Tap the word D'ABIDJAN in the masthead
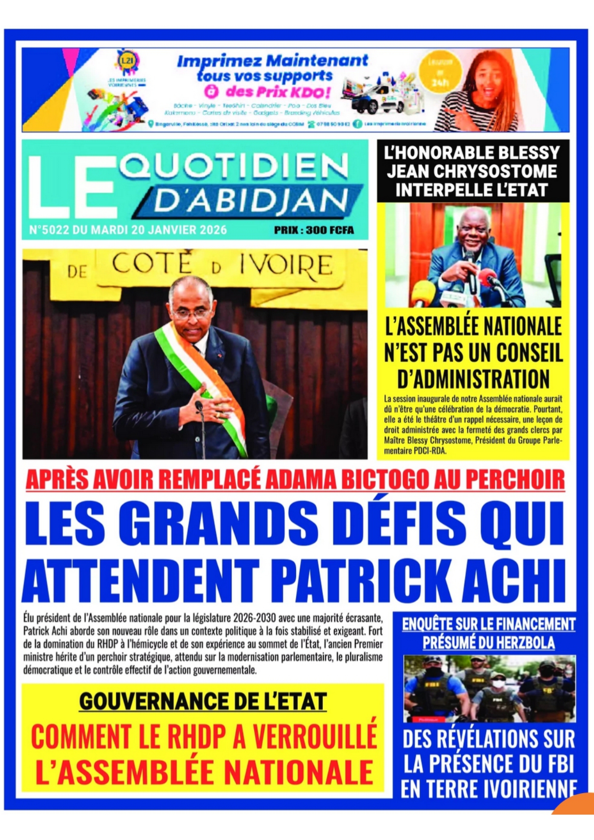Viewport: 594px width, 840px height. pyautogui.click(x=251, y=201)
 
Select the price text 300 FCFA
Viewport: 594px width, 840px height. pyautogui.click(x=329, y=230)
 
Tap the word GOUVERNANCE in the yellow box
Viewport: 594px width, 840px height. pyautogui.click(x=158, y=702)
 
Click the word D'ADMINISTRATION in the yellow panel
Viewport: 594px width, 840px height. pyautogui.click(x=473, y=379)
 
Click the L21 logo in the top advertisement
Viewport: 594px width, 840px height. pyautogui.click(x=127, y=60)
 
